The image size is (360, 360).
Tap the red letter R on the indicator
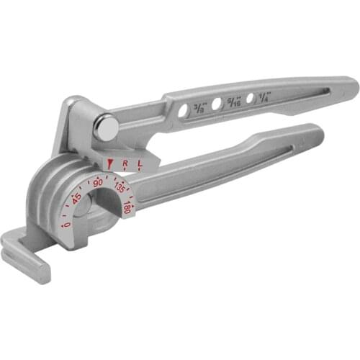(x=125, y=164)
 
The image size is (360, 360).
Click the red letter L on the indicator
(x=140, y=163)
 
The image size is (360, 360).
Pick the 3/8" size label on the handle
(x=197, y=108)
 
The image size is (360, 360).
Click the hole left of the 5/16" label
(x=217, y=106)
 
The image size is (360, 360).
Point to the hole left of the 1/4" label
(x=250, y=100)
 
